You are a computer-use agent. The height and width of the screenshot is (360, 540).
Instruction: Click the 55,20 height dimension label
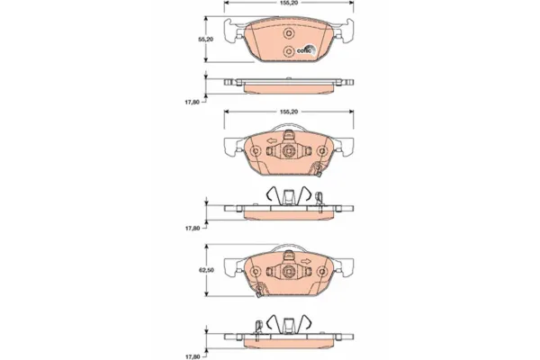coord(205,40)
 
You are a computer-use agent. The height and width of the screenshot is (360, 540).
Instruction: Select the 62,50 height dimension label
coord(206,270)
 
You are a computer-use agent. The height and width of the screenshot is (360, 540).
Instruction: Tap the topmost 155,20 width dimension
coord(289,3)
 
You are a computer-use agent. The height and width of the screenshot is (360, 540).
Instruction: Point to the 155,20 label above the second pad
coord(289,112)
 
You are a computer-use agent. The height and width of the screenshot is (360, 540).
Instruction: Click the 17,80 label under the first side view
coord(193,102)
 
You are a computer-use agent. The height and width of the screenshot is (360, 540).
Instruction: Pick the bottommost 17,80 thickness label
coord(193,356)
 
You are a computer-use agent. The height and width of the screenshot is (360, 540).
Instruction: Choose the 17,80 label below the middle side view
coord(193,228)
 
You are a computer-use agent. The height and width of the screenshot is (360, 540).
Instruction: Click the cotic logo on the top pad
coord(306,49)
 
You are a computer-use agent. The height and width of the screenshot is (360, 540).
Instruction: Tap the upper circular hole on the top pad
coord(289,33)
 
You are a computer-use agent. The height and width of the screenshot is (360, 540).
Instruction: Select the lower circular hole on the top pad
coord(289,51)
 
